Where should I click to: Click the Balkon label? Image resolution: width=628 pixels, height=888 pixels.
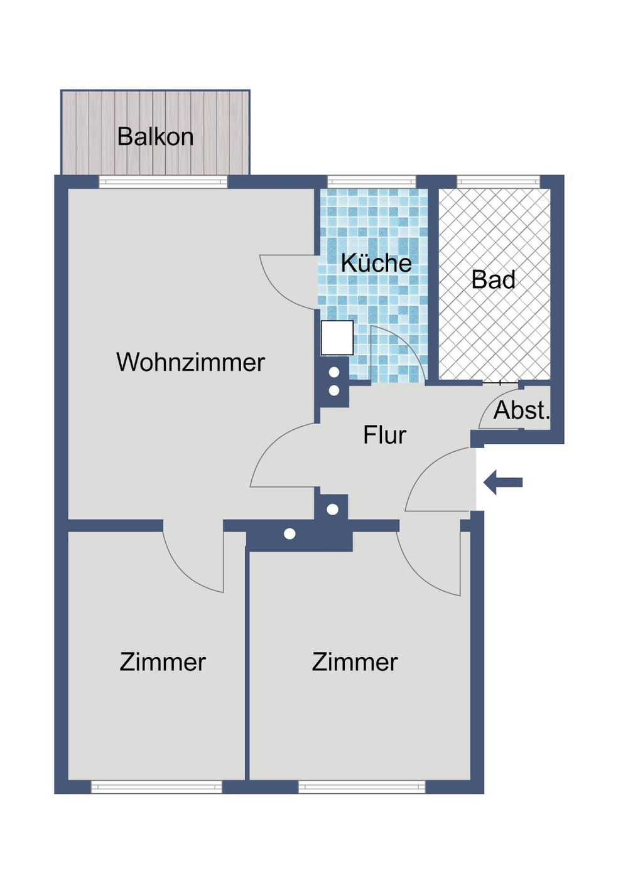click(155, 137)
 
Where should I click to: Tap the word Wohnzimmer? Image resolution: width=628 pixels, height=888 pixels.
click(190, 363)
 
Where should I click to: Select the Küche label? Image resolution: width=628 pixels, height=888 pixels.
click(376, 263)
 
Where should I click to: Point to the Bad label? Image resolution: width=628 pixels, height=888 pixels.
click(494, 280)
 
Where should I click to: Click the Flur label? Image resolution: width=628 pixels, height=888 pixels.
click(384, 435)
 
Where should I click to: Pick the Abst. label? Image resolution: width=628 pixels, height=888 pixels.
click(521, 410)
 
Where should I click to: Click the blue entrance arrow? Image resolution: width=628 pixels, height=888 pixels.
click(504, 483)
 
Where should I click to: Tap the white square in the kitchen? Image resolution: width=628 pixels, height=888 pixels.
click(337, 338)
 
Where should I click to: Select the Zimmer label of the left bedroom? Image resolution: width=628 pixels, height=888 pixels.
click(163, 663)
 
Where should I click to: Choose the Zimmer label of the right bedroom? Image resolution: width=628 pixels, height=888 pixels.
click(355, 663)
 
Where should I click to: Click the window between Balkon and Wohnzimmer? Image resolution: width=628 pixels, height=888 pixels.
click(163, 182)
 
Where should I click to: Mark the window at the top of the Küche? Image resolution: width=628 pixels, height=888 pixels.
click(372, 182)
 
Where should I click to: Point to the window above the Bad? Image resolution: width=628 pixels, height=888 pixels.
click(498, 182)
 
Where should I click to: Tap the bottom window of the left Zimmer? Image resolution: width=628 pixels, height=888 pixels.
click(156, 787)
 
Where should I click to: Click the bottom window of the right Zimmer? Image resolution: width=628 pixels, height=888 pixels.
click(362, 787)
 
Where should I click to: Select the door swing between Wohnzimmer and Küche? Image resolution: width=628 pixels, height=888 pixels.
click(283, 286)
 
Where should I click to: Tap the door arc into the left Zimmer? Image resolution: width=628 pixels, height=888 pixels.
click(188, 568)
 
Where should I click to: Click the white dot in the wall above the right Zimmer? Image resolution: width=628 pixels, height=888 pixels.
click(290, 534)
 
